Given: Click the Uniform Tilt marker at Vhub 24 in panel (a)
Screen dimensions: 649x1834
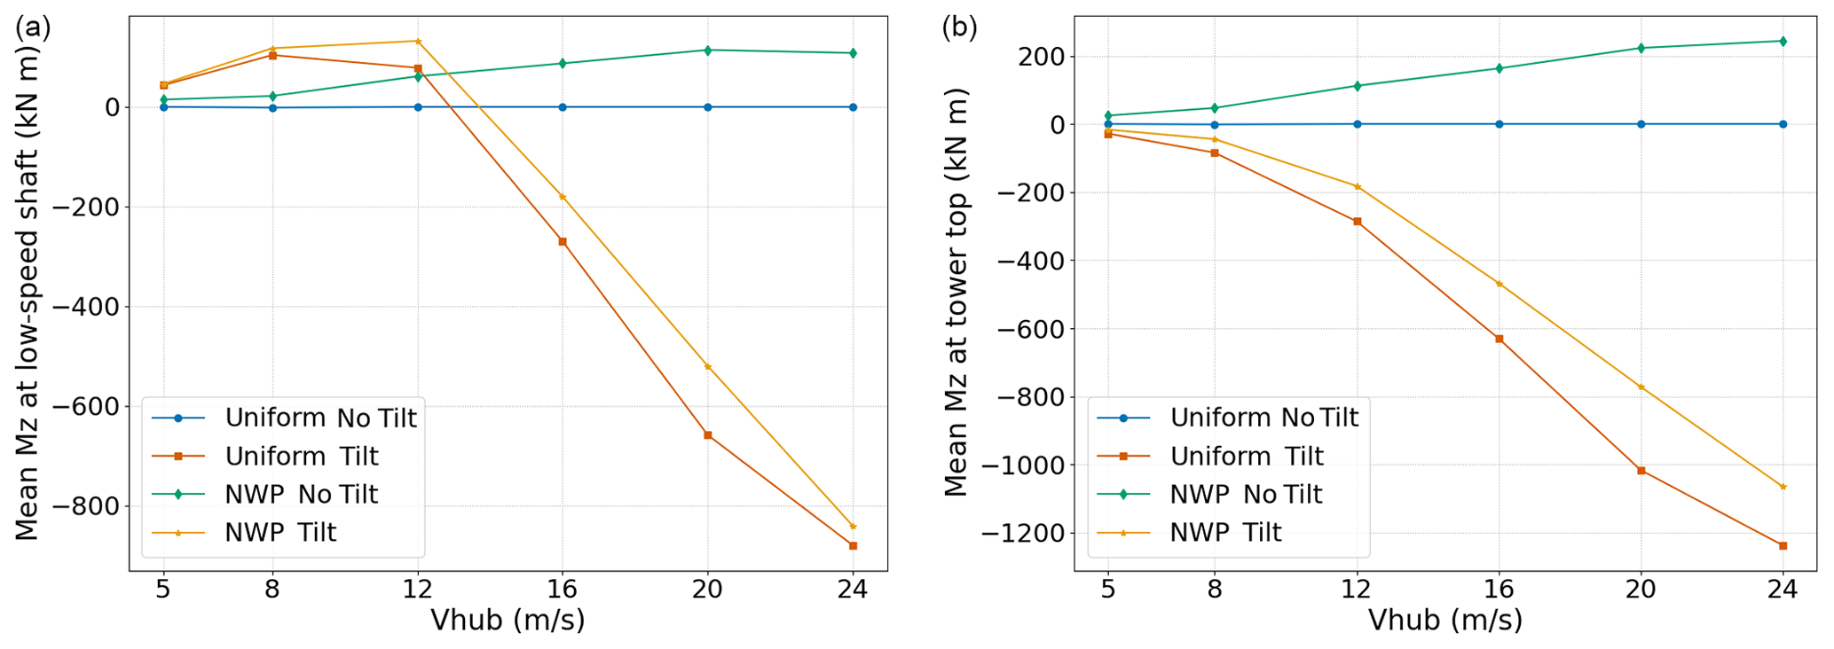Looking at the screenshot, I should tap(853, 546).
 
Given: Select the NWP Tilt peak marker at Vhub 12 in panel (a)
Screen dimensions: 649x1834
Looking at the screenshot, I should tap(418, 41).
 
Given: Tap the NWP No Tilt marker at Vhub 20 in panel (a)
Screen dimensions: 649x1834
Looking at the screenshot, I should tap(707, 51).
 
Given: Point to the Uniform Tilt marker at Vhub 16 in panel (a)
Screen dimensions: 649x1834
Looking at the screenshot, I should tap(563, 241).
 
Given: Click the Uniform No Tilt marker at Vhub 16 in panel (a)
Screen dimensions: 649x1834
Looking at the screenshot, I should tap(563, 107).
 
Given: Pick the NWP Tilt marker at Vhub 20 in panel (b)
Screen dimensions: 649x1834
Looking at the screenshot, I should tap(1641, 387).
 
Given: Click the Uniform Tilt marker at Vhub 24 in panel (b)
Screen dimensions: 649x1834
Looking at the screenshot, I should tap(1783, 546).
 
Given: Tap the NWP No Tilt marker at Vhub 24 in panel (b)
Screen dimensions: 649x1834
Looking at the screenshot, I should tap(1783, 42).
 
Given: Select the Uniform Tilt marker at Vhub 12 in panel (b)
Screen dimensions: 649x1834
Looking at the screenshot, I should tap(1357, 222).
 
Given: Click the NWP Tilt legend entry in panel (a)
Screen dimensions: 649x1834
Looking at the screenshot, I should tap(280, 533).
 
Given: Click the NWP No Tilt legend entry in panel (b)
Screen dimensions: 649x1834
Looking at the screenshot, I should tap(1246, 495).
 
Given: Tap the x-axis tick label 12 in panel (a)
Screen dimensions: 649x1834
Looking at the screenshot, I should tap(418, 590).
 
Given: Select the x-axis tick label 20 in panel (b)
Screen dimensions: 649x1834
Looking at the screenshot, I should tap(1641, 590).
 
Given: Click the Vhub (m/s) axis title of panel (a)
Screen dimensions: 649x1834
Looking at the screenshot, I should tap(508, 621).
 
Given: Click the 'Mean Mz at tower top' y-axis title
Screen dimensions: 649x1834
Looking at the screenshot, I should tap(956, 293).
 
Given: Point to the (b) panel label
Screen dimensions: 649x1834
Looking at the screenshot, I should tap(959, 28).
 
